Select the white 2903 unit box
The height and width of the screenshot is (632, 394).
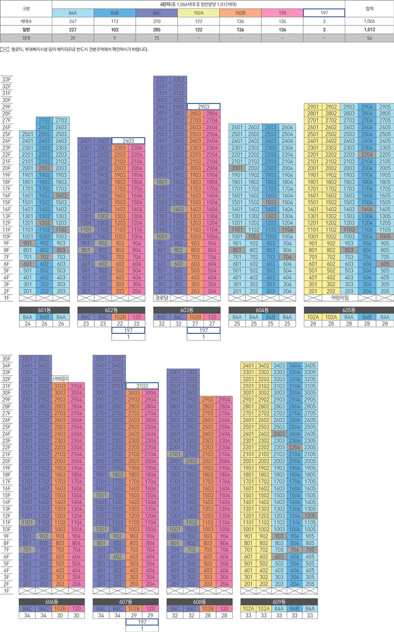tap(204, 106)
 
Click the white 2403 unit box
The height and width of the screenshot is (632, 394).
tap(128, 140)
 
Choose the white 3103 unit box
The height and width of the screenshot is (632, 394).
tap(142, 385)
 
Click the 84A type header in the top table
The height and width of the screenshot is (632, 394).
tap(72, 13)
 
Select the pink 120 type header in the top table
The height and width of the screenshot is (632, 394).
tap(282, 13)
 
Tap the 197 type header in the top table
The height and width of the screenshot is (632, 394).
tap(324, 13)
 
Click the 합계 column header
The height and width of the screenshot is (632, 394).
tap(368, 8)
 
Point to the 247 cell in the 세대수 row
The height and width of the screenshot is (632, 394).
tap(72, 21)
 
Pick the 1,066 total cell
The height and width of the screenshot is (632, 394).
tap(368, 21)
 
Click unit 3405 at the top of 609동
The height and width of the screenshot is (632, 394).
tap(310, 365)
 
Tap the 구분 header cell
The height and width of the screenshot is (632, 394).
tap(26, 8)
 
